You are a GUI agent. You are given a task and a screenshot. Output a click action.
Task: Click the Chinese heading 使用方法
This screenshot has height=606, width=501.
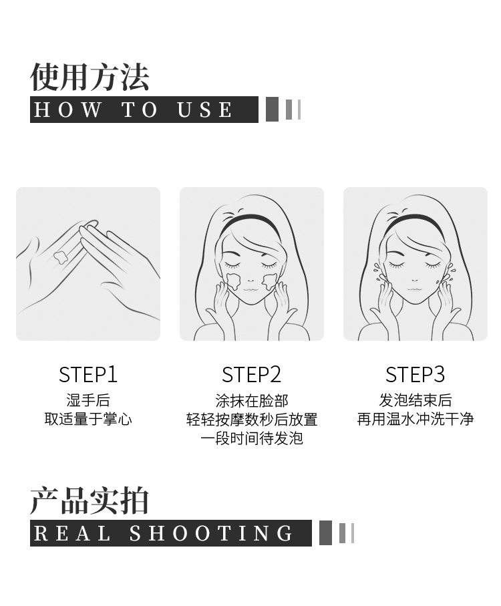90,77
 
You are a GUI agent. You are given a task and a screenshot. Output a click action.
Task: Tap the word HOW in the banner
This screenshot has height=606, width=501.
68,110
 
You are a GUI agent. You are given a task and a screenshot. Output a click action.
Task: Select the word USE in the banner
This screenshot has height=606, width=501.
204,110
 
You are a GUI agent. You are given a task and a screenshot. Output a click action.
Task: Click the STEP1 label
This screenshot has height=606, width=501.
88,375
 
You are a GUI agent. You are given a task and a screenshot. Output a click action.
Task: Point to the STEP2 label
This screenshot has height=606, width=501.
251,375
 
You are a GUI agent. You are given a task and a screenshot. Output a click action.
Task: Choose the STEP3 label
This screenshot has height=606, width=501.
415,375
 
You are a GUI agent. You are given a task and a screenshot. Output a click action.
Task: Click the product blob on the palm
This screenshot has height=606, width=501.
60,257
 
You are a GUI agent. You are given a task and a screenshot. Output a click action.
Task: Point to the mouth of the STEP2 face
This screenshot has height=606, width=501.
250,289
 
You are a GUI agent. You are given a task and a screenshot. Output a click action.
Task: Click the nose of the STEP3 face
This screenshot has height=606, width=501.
414,280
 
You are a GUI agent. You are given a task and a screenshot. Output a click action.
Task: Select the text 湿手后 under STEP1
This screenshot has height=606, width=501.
88,400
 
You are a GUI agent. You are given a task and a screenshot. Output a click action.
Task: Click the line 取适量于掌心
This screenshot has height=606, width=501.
88,420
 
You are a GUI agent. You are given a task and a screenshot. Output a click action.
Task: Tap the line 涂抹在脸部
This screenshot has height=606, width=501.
252,401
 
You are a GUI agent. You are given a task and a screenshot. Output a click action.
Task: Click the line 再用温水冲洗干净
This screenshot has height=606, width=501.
415,420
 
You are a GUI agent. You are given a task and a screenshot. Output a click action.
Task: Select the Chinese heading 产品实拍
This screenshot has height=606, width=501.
90,501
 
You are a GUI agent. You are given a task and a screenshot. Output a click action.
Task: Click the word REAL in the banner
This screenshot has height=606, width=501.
72,533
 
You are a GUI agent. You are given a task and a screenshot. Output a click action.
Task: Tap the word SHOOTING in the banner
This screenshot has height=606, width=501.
211,533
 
